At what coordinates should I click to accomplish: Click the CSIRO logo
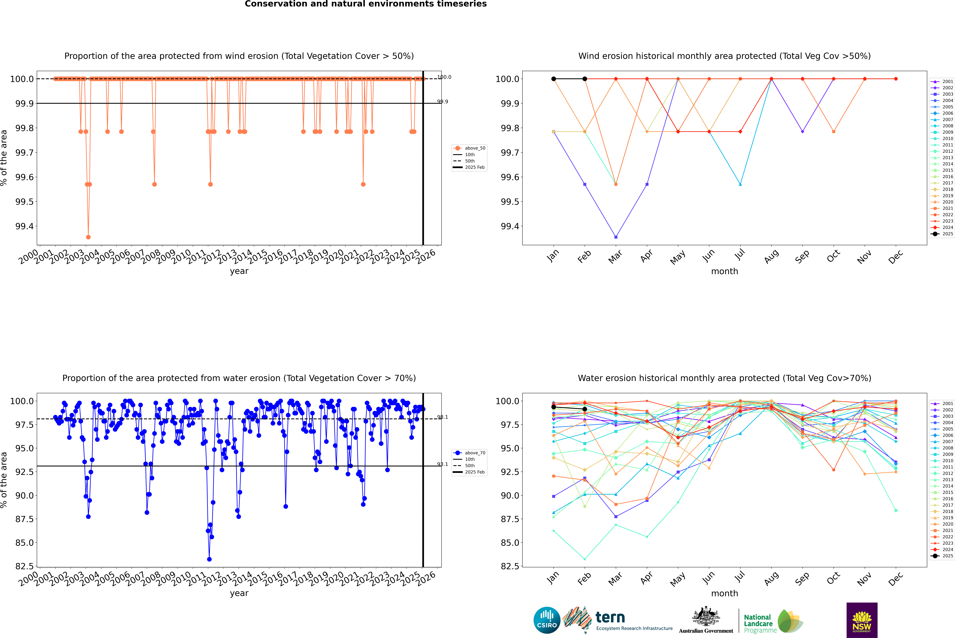point(547,620)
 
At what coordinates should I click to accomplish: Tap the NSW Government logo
point(862,620)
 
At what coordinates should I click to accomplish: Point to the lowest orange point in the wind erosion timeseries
point(88,237)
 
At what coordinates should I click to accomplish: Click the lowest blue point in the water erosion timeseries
point(209,559)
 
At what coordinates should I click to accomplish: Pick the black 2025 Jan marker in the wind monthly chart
point(554,79)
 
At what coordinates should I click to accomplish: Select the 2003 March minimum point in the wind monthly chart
point(616,237)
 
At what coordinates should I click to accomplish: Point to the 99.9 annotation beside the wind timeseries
point(442,102)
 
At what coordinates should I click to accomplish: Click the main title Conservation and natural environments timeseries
point(366,4)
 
